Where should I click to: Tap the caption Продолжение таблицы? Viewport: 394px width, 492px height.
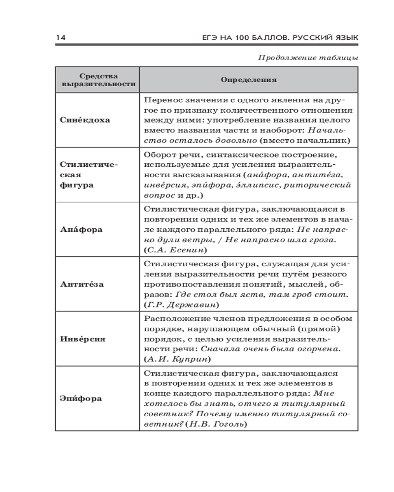click(308, 58)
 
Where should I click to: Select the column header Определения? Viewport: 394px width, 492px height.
click(248, 80)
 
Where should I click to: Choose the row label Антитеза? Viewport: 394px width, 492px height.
click(85, 284)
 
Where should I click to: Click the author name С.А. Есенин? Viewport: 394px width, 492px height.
click(170, 250)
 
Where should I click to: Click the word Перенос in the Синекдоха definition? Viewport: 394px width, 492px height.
click(162, 99)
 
